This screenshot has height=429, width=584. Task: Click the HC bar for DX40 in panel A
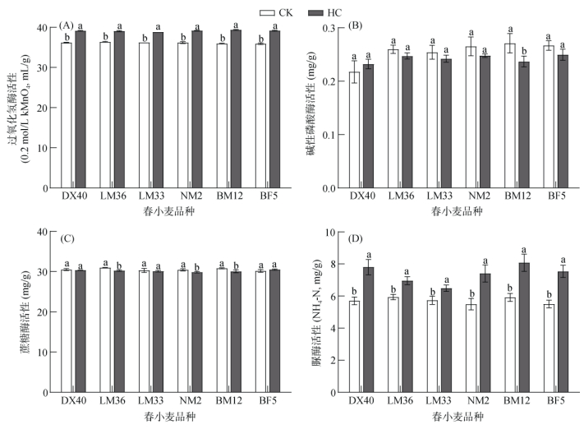pyautogui.click(x=80, y=109)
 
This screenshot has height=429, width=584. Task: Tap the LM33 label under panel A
pyautogui.click(x=151, y=198)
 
